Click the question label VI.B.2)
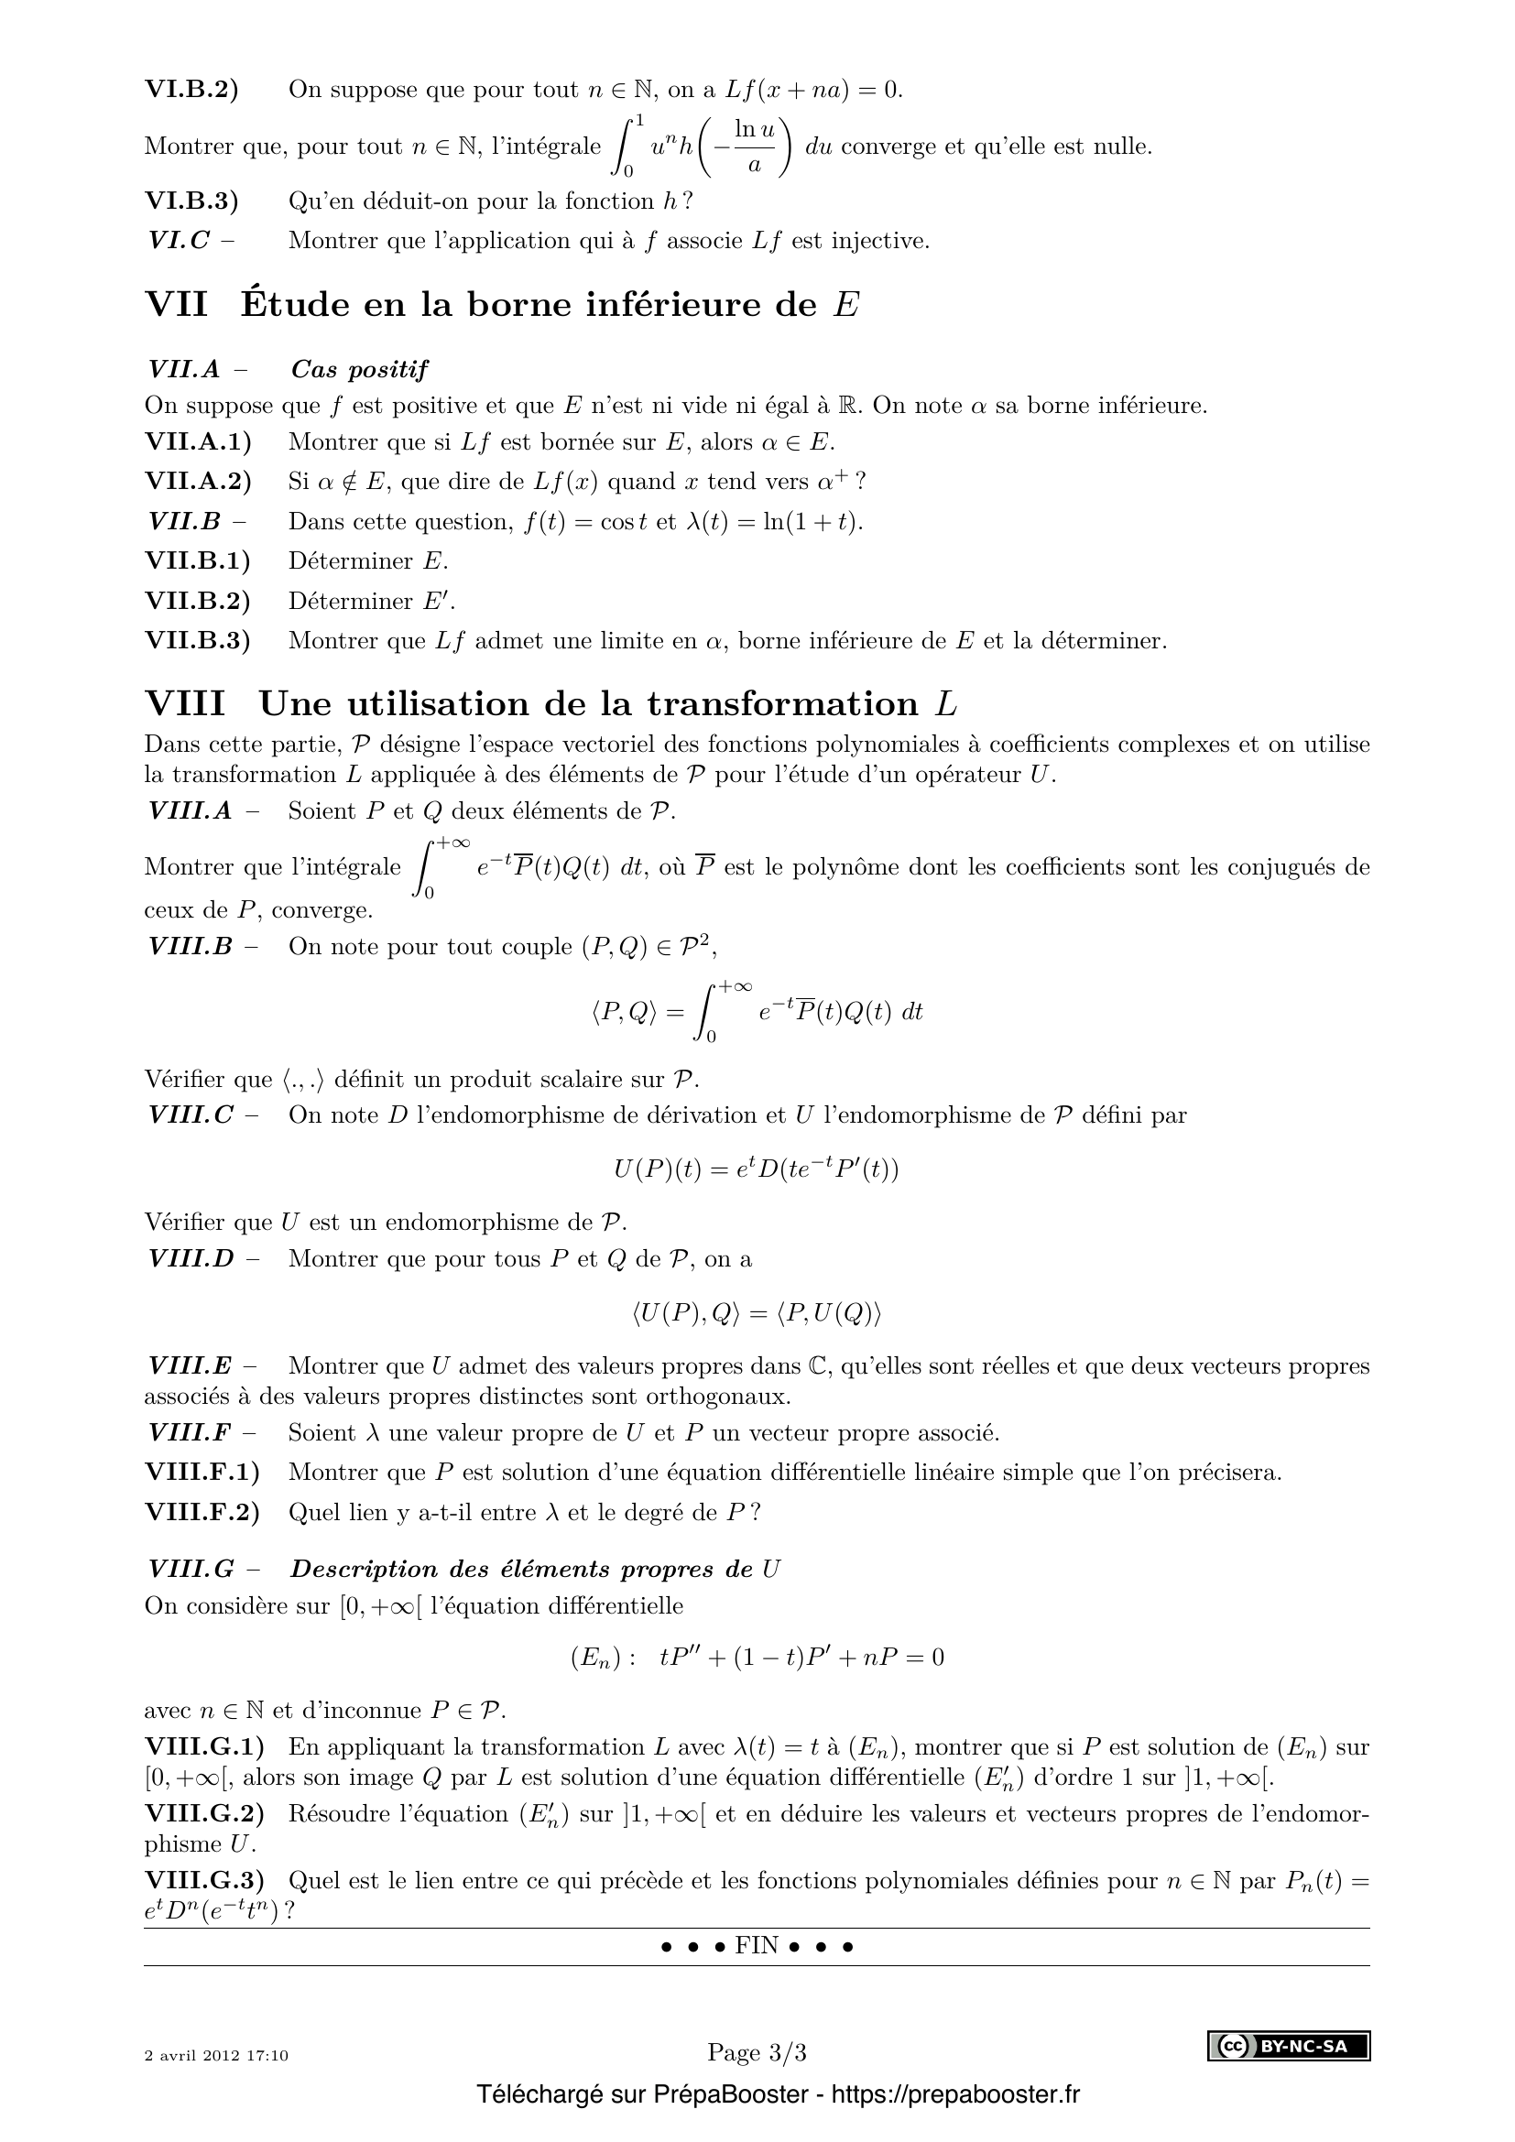pyautogui.click(x=191, y=90)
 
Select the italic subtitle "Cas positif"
pyautogui.click(x=359, y=369)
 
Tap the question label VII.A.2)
pyautogui.click(x=198, y=482)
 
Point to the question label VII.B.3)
pyautogui.click(x=198, y=641)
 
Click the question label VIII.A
pyautogui.click(x=191, y=810)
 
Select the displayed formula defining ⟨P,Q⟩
pyautogui.click(x=757, y=1012)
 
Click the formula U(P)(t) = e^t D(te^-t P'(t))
pyautogui.click(x=757, y=1168)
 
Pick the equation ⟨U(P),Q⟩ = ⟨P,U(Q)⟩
pyautogui.click(x=757, y=1313)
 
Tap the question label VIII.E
pyautogui.click(x=191, y=1365)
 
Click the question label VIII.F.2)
pyautogui.click(x=202, y=1512)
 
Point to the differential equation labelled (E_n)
pyautogui.click(x=757, y=1657)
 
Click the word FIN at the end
pyautogui.click(x=757, y=1946)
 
